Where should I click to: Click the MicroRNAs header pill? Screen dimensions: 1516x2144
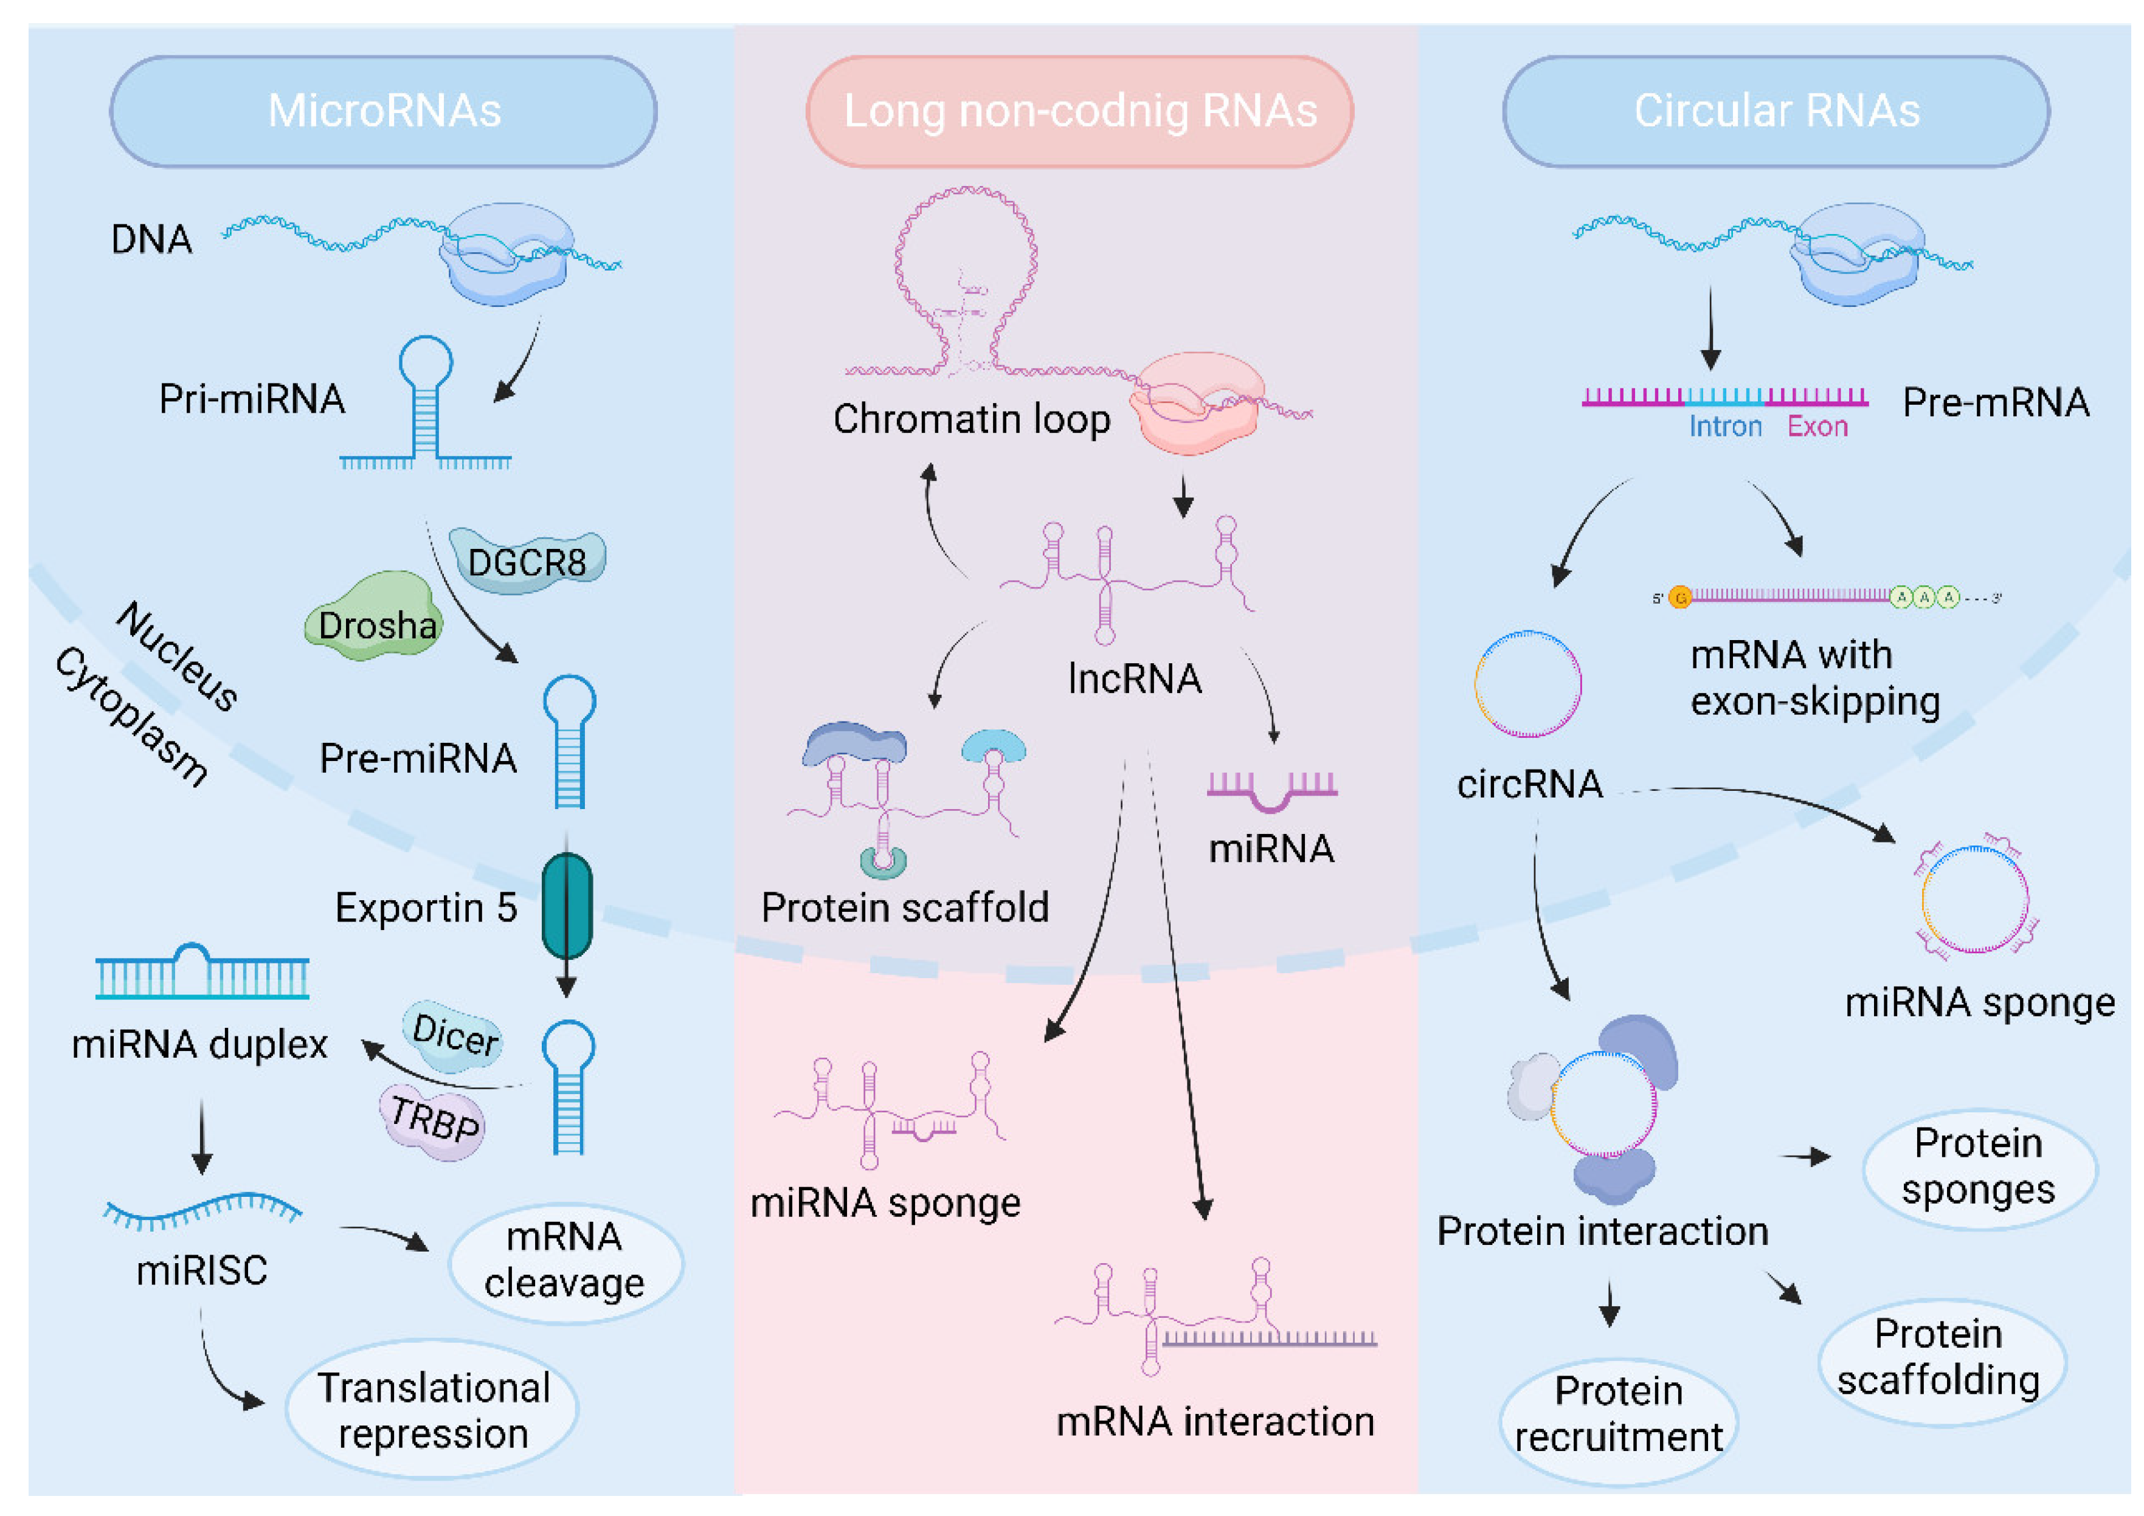tap(383, 111)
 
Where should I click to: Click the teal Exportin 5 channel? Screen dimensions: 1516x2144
tap(567, 906)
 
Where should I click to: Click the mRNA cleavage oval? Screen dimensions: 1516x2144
tap(565, 1260)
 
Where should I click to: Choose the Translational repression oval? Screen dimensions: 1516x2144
tap(432, 1410)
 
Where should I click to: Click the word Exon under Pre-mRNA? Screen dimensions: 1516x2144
tap(1817, 427)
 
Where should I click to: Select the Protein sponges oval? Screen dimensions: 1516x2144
tap(1978, 1167)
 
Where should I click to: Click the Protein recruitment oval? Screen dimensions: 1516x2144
tap(1617, 1414)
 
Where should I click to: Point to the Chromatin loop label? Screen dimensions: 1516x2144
tap(971, 419)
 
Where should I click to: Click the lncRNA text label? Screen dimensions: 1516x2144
tap(1135, 678)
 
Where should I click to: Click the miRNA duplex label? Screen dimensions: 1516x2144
tap(200, 1044)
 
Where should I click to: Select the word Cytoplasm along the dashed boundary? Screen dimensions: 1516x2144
tap(131, 716)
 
